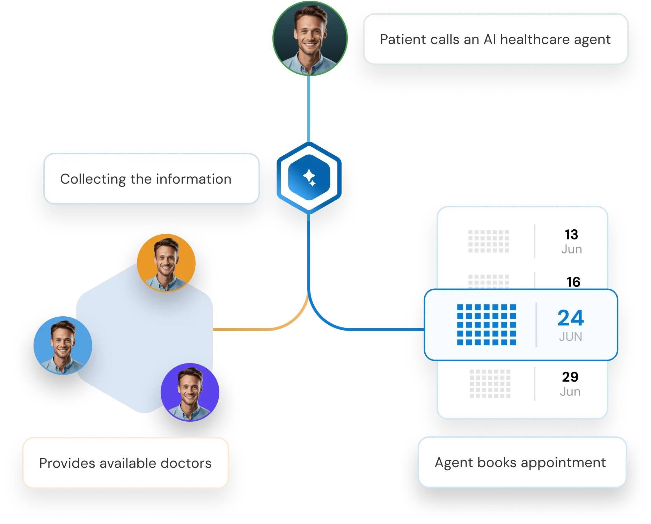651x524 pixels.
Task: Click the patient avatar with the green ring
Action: pyautogui.click(x=310, y=38)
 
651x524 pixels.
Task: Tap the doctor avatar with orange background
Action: pyautogui.click(x=166, y=263)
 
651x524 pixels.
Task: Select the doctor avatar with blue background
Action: pyautogui.click(x=63, y=345)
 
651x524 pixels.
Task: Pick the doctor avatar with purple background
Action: pyautogui.click(x=190, y=392)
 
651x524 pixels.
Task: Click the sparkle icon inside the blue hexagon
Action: pyautogui.click(x=309, y=178)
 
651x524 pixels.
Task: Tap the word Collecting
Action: pyautogui.click(x=93, y=179)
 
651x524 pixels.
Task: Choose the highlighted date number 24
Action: pyautogui.click(x=571, y=318)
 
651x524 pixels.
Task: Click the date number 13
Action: pyautogui.click(x=571, y=235)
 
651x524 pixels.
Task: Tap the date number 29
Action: pyautogui.click(x=570, y=377)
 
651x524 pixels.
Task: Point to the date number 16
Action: pyautogui.click(x=573, y=282)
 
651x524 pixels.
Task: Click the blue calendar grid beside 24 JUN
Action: pyautogui.click(x=487, y=325)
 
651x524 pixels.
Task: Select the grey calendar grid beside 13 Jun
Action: pyautogui.click(x=489, y=241)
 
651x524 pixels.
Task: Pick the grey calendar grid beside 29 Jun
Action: pyautogui.click(x=490, y=384)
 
